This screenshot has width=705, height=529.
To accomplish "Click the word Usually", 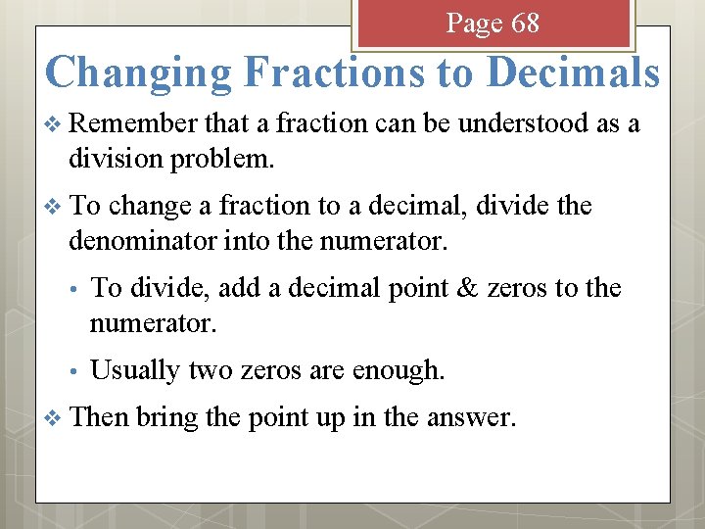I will click(x=135, y=370).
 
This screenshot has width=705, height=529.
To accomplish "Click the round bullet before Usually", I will click(x=71, y=372).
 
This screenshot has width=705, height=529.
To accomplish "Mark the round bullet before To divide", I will click(x=71, y=290).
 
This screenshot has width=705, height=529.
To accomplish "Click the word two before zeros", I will click(x=210, y=370).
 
